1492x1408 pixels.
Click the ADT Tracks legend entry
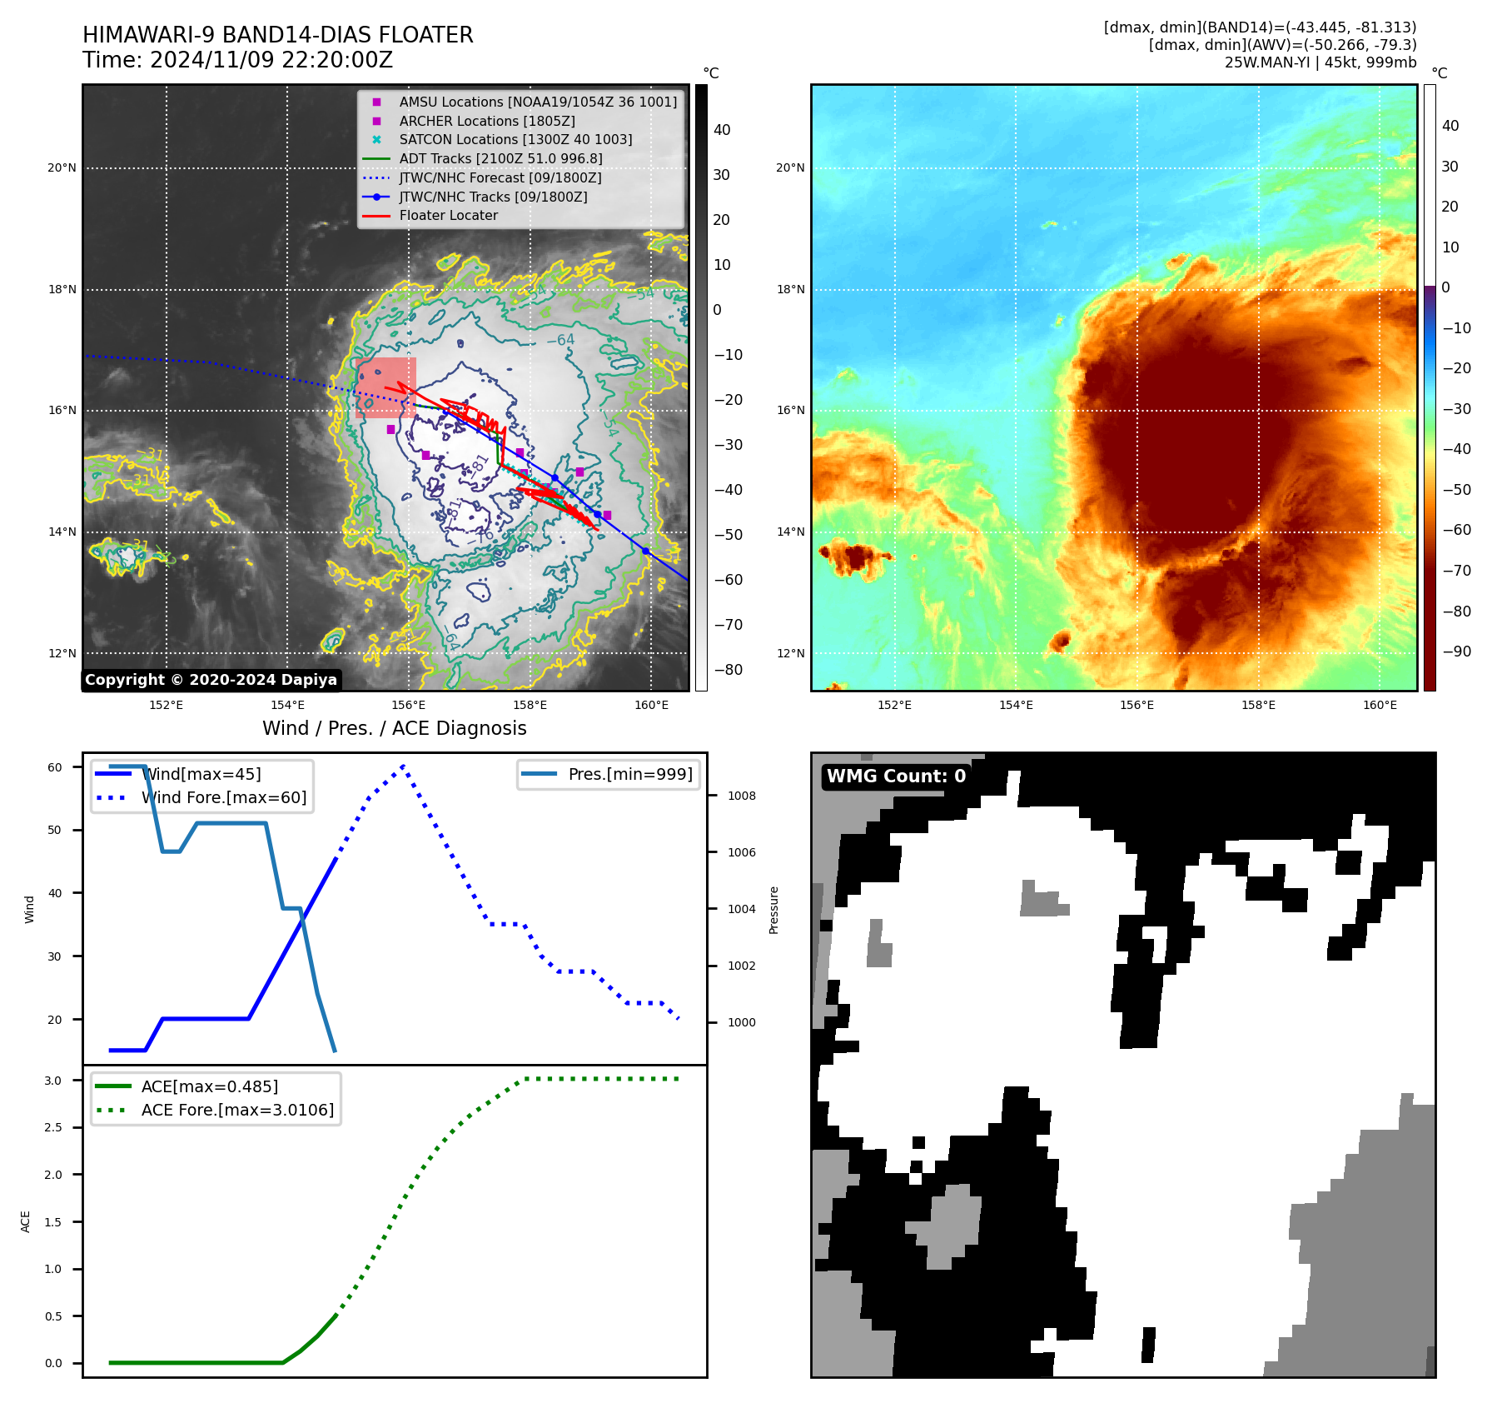tap(500, 158)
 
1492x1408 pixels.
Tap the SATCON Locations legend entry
tap(515, 139)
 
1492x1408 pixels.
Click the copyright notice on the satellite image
tap(211, 680)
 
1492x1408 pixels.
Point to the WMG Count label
tap(896, 776)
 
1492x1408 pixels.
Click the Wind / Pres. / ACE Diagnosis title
tap(394, 728)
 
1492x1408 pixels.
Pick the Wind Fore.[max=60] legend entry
tap(223, 797)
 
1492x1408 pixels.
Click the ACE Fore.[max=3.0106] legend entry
tap(237, 1110)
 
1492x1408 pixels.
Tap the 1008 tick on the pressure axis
tap(741, 796)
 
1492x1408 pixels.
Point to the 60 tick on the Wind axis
tap(55, 767)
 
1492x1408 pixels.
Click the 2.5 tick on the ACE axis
tap(53, 1127)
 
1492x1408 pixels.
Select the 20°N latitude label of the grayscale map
tap(62, 167)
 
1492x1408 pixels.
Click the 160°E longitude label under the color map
tap(1380, 705)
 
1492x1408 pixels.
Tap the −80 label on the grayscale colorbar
tap(728, 670)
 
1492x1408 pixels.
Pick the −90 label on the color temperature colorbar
tap(1456, 652)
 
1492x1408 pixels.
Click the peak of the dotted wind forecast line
tap(403, 765)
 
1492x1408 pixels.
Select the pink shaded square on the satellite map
tap(385, 387)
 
